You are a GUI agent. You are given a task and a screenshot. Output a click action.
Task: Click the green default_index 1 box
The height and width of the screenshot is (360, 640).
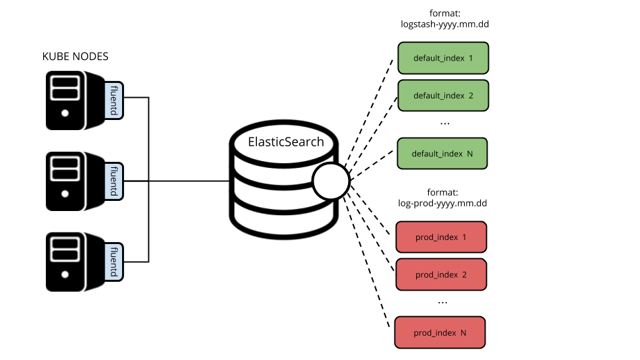point(443,58)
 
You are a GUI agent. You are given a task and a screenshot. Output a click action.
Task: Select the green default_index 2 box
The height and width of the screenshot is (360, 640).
point(443,96)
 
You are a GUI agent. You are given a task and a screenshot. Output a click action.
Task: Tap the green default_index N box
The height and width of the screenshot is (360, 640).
point(442,154)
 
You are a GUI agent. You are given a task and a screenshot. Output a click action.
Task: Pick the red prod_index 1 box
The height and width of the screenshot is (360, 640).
point(441,237)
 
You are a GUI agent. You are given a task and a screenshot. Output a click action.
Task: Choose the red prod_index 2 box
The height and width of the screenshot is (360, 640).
point(441,274)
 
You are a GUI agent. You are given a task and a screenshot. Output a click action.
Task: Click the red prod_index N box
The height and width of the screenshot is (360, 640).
point(440,332)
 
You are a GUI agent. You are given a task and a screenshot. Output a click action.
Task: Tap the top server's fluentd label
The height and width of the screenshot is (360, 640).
point(113,100)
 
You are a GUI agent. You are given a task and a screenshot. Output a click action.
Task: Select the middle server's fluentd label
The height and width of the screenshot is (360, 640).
point(113,181)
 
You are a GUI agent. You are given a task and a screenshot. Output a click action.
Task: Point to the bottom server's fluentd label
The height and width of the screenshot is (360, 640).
point(113,262)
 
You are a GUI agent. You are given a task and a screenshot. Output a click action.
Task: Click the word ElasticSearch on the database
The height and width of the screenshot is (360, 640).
point(286,142)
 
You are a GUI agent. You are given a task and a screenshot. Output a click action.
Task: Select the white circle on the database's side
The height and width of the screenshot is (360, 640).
point(330,181)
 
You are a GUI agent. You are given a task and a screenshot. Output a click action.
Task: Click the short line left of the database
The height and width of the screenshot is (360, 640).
point(224,181)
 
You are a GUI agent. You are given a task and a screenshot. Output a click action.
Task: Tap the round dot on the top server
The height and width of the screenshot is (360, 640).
point(65,113)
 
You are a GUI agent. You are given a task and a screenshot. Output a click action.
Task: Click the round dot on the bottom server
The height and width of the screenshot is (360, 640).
point(65,274)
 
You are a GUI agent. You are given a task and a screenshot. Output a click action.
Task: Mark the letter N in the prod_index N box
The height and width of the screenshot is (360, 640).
point(463,333)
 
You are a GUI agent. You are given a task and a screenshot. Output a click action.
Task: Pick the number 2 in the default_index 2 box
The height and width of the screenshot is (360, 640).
point(471,96)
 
